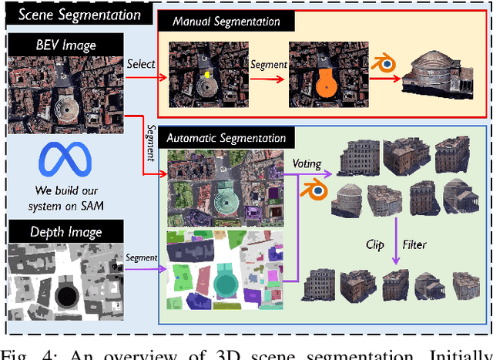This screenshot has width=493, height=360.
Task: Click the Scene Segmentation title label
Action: pos(79,14)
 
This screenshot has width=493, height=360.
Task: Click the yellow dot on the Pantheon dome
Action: pos(206,76)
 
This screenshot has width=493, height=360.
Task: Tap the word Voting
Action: pos(307,163)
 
